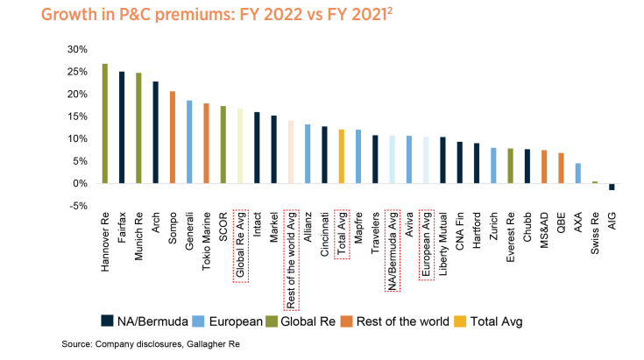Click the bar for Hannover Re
105,124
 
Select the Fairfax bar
122,127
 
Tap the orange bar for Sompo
173,138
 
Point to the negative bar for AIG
612,187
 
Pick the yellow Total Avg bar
342,157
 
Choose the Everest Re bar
511,166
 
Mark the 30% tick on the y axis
77,49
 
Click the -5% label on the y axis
78,206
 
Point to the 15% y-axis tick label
77,116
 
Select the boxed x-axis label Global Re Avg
240,246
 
